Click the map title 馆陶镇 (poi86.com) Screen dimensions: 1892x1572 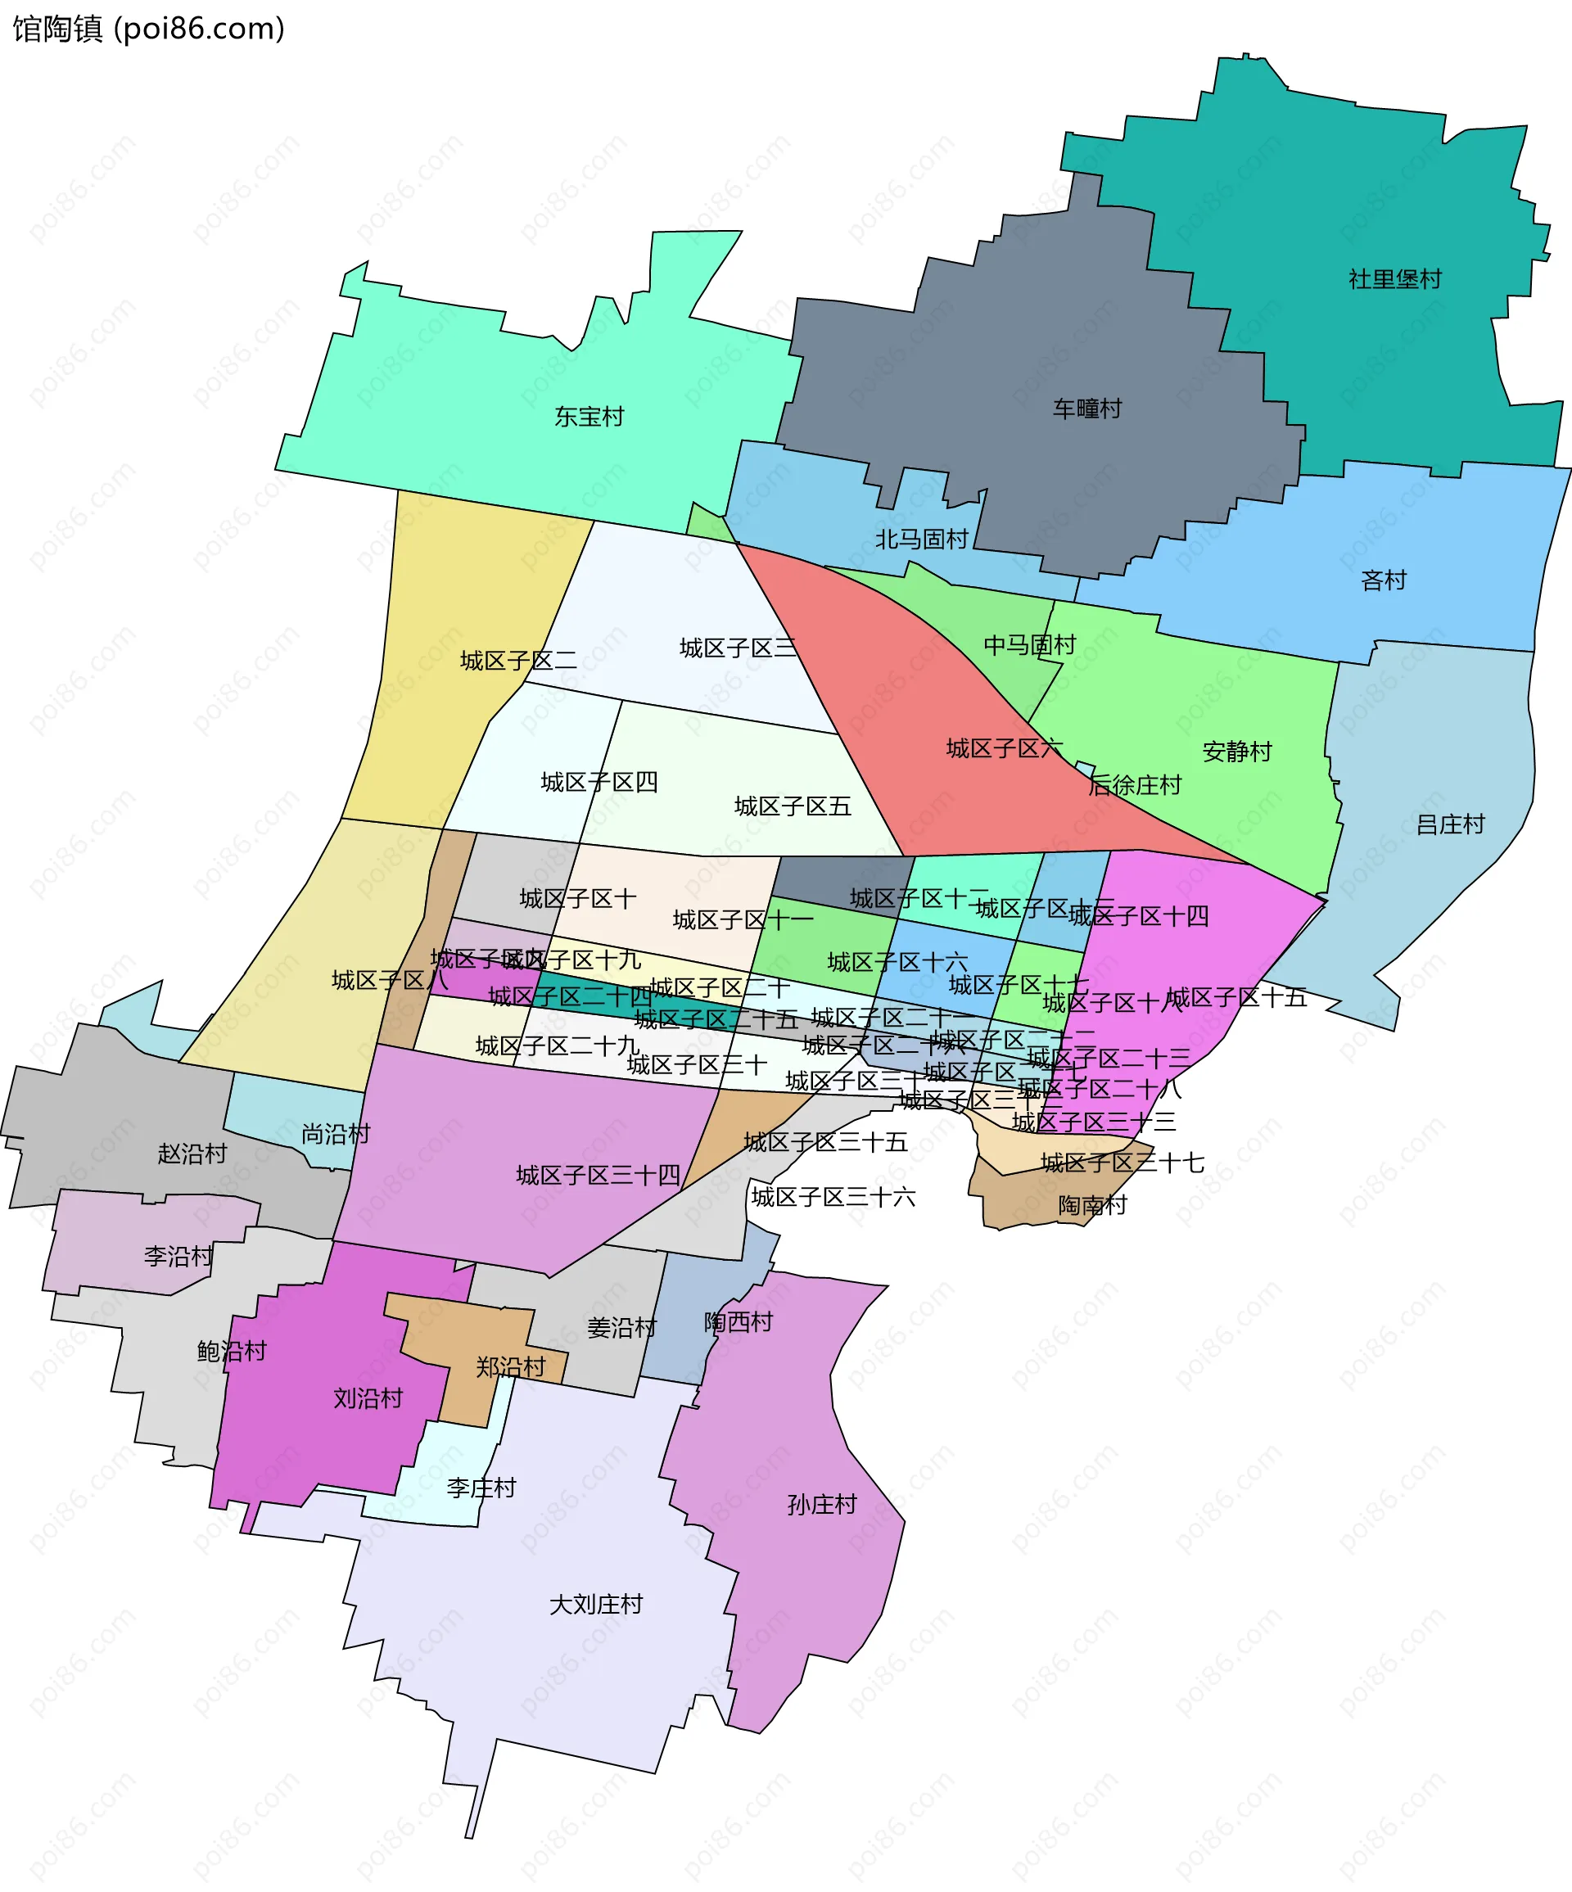(x=149, y=29)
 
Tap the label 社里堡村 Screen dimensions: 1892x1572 (x=1394, y=279)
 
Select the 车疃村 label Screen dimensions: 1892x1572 (x=1087, y=409)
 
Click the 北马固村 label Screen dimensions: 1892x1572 (x=922, y=540)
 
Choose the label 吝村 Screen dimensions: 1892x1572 (x=1384, y=580)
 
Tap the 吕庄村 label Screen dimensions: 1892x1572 (x=1450, y=824)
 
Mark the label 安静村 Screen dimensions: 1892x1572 (x=1237, y=752)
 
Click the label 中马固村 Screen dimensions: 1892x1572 (x=1030, y=645)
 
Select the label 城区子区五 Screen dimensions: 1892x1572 (x=793, y=806)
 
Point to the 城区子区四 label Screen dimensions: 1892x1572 (x=599, y=782)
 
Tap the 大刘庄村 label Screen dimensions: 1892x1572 (x=596, y=1605)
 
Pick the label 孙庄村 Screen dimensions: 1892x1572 (x=821, y=1505)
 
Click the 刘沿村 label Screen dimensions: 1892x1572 (x=368, y=1398)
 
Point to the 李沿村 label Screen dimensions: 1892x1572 (x=178, y=1256)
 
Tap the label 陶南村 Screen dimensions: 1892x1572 (x=1093, y=1205)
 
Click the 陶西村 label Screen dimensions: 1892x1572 (x=739, y=1322)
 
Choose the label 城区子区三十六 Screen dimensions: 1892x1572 (x=833, y=1198)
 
